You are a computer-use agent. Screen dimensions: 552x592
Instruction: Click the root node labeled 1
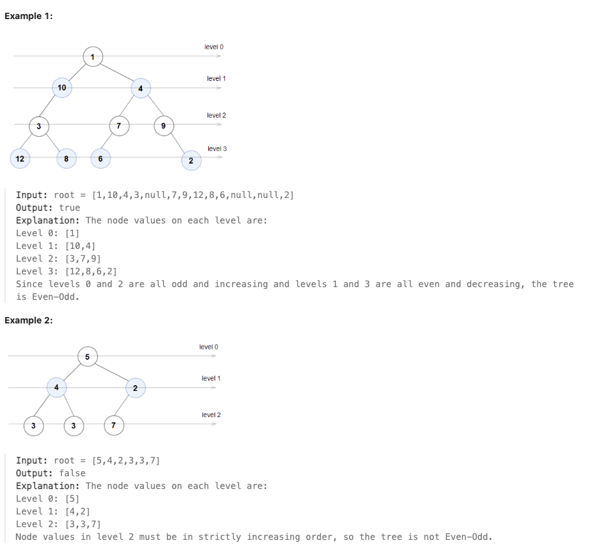(x=93, y=57)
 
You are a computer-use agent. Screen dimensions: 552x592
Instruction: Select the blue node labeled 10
(x=62, y=87)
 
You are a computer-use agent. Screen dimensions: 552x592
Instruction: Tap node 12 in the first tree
(x=20, y=159)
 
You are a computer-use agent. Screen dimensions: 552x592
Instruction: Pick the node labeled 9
(x=164, y=125)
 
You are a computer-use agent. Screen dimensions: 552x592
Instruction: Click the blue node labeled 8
(x=66, y=159)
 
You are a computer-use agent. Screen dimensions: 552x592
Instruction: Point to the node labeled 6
(x=100, y=159)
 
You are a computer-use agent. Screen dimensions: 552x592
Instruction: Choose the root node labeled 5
(x=87, y=356)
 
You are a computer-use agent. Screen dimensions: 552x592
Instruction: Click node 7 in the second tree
(x=113, y=425)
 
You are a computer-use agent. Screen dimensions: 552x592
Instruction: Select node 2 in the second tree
(x=135, y=388)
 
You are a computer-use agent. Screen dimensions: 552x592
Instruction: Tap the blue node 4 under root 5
(x=57, y=387)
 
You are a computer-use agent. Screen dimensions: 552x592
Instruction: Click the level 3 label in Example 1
(x=217, y=148)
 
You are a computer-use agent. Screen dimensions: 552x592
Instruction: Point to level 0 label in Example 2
(x=209, y=347)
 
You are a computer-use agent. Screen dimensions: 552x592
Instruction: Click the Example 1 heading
(x=29, y=16)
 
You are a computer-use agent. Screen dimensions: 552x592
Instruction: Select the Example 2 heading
(x=29, y=320)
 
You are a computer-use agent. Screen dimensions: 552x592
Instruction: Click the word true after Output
(x=69, y=208)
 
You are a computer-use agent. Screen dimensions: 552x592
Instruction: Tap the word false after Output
(x=72, y=473)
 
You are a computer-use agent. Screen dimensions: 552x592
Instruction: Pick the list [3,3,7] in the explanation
(x=83, y=524)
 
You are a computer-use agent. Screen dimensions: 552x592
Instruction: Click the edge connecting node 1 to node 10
(x=77, y=71)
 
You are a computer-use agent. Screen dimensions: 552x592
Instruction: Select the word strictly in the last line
(x=220, y=537)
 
